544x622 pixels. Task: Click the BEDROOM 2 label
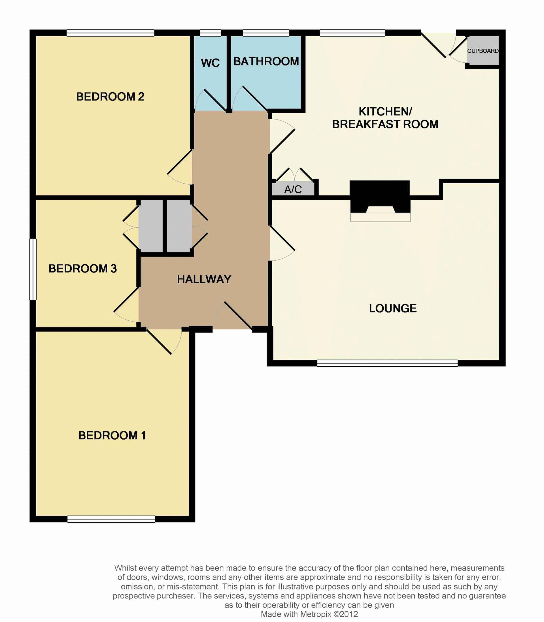[110, 97]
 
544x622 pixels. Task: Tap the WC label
[210, 63]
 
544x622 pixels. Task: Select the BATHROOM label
[266, 61]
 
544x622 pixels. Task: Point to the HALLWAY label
[204, 280]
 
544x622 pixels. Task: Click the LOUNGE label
[393, 308]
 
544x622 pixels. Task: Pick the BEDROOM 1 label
[112, 436]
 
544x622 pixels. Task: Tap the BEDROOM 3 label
[82, 269]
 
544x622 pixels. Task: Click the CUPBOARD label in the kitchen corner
[483, 51]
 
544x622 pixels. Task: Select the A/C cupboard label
[293, 190]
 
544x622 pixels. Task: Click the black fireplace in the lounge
[380, 197]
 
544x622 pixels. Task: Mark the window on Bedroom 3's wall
[33, 269]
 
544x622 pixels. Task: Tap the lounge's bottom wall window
[387, 363]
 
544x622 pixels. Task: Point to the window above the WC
[210, 33]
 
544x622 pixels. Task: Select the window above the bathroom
[266, 33]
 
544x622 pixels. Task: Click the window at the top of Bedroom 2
[110, 33]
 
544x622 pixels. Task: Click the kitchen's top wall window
[352, 33]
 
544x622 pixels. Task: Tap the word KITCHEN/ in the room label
[385, 112]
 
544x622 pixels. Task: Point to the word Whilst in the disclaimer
[125, 568]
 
